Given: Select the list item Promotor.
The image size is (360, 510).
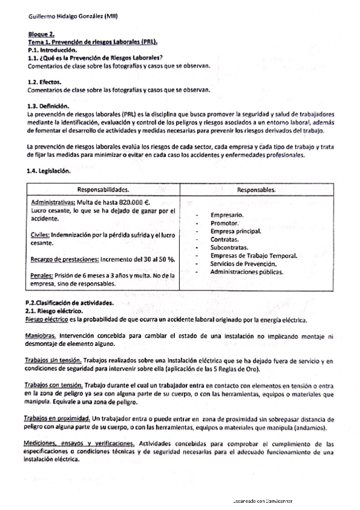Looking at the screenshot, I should pos(226,223).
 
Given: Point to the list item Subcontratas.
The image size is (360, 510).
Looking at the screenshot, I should pos(232,247).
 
